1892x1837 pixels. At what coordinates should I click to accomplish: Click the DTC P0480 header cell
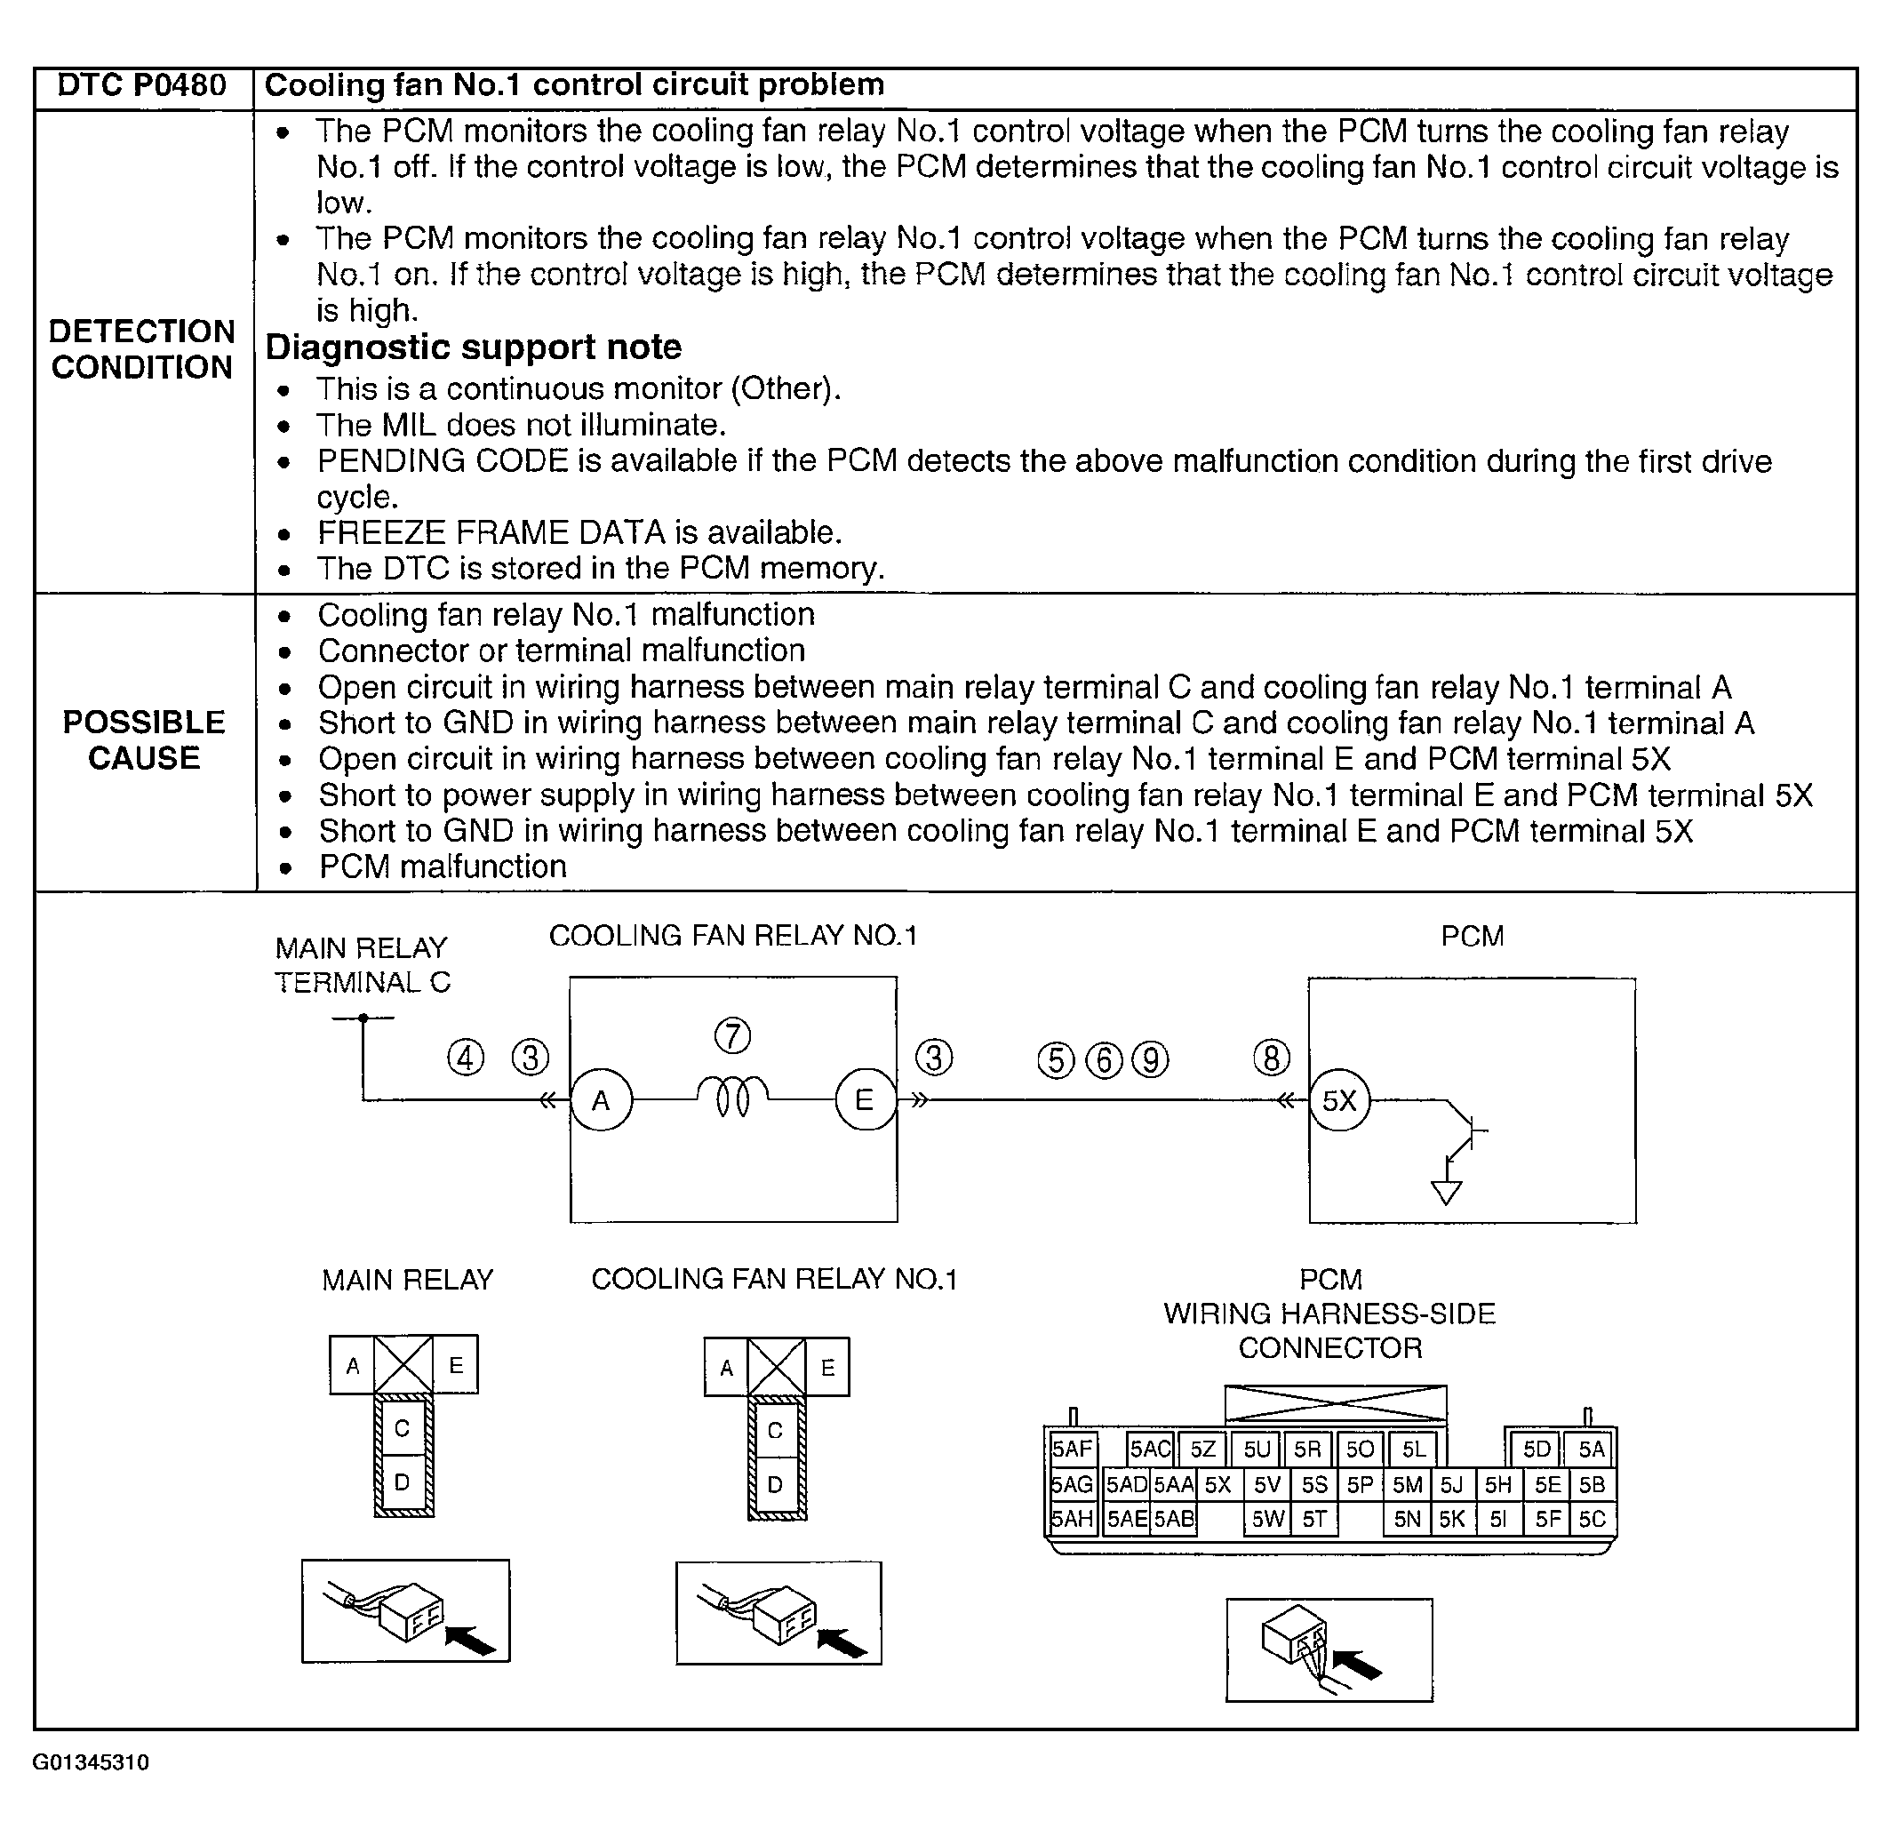142,86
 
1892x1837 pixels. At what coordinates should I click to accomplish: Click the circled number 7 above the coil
732,1035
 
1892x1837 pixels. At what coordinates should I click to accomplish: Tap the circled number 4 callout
467,1058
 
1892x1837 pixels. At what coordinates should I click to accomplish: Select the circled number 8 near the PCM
1272,1058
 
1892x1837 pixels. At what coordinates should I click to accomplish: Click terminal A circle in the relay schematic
602,1100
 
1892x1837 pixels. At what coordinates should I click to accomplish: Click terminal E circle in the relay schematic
864,1100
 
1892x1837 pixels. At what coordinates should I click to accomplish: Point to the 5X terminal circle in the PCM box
1339,1100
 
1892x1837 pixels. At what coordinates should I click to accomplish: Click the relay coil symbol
732,1096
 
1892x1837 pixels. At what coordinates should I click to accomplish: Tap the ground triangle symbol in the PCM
1446,1194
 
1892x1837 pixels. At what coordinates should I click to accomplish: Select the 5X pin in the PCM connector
1217,1485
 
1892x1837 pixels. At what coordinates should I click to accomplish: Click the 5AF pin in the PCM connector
1072,1449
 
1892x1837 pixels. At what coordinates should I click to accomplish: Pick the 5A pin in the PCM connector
1591,1449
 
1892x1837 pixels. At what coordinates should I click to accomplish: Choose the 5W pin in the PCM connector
1266,1520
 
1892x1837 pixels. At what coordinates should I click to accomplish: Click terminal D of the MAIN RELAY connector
403,1482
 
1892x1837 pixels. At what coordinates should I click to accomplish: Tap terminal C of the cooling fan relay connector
775,1431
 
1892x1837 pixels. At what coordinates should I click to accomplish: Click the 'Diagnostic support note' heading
473,347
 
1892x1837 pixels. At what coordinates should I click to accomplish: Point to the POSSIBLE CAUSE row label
144,740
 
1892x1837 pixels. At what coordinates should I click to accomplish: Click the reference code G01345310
91,1762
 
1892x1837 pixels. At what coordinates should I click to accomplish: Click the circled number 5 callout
1055,1060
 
